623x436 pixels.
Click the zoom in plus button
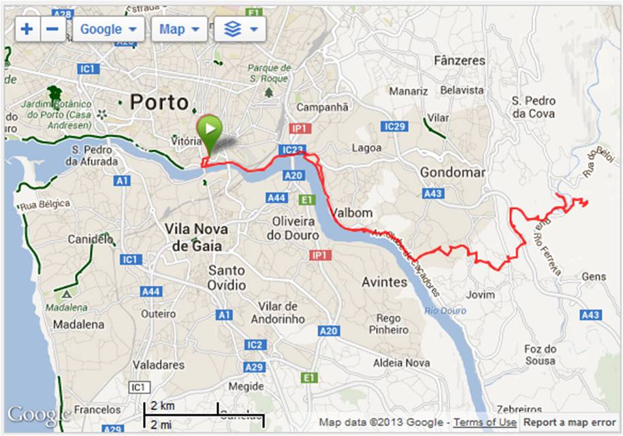click(x=27, y=29)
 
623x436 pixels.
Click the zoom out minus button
click(x=53, y=29)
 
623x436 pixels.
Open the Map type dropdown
click(x=179, y=29)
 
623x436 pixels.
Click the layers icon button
click(x=240, y=29)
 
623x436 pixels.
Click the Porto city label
click(x=159, y=103)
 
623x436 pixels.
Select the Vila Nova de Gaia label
click(x=193, y=237)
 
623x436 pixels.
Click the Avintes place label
click(x=384, y=281)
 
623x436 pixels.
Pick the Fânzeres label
click(x=460, y=61)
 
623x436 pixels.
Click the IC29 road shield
click(x=395, y=127)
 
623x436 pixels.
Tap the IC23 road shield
click(x=290, y=150)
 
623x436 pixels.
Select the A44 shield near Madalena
click(x=151, y=292)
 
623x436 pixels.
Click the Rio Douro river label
click(x=446, y=311)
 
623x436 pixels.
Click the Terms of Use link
click(x=485, y=422)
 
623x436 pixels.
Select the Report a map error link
click(x=569, y=422)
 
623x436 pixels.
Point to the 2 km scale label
click(x=163, y=406)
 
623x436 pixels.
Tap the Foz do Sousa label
click(x=541, y=354)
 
